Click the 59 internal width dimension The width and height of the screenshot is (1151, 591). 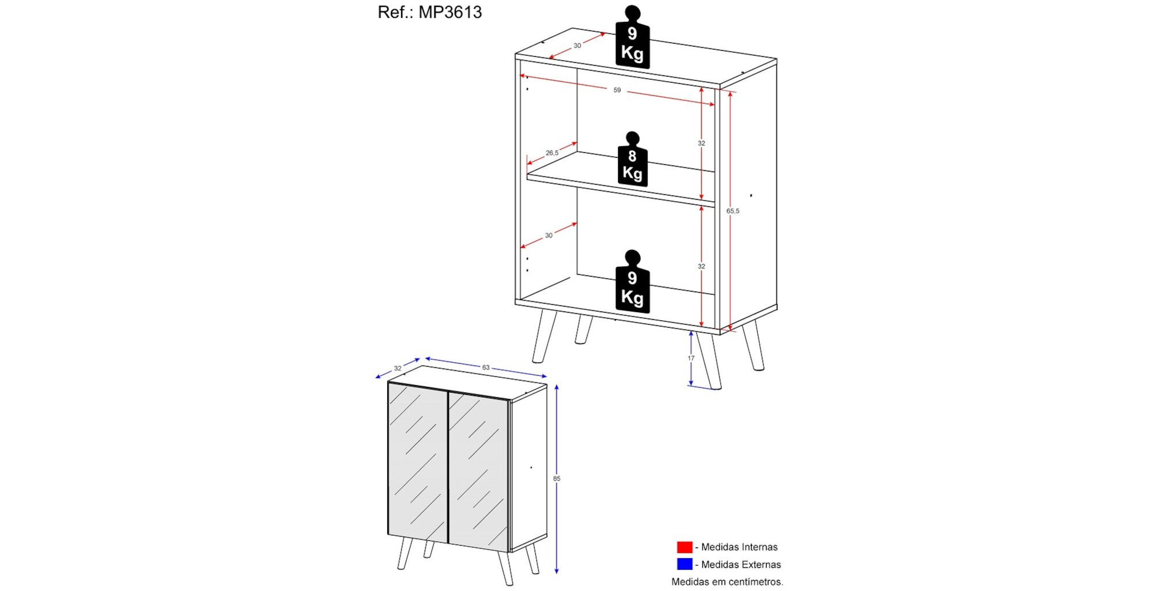(617, 90)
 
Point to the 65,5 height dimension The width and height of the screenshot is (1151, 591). (733, 211)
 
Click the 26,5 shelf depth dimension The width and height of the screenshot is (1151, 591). (552, 153)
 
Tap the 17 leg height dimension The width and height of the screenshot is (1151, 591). (691, 358)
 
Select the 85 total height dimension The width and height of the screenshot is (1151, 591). (557, 478)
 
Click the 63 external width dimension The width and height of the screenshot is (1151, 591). (486, 367)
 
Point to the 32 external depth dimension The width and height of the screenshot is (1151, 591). (398, 369)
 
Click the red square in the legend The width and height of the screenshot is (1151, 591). (684, 547)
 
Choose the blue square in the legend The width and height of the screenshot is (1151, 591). (684, 564)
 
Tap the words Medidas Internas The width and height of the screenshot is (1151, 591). (739, 547)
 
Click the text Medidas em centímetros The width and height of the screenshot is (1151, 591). (727, 582)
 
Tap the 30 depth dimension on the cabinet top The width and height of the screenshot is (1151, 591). (577, 45)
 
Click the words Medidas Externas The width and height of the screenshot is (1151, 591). (741, 565)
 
